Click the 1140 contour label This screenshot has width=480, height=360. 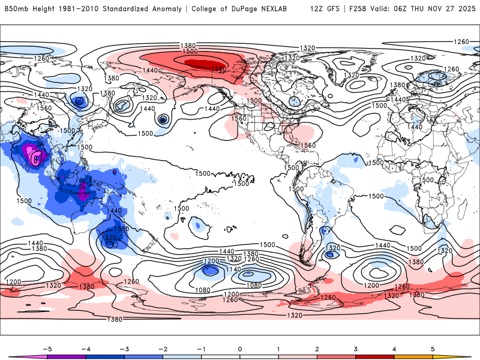[x=234, y=269]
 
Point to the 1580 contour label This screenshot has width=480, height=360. [x=218, y=70]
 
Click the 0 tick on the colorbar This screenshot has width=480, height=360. [x=240, y=348]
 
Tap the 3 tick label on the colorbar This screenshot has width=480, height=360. [x=356, y=348]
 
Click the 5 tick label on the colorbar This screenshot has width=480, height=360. [x=433, y=348]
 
